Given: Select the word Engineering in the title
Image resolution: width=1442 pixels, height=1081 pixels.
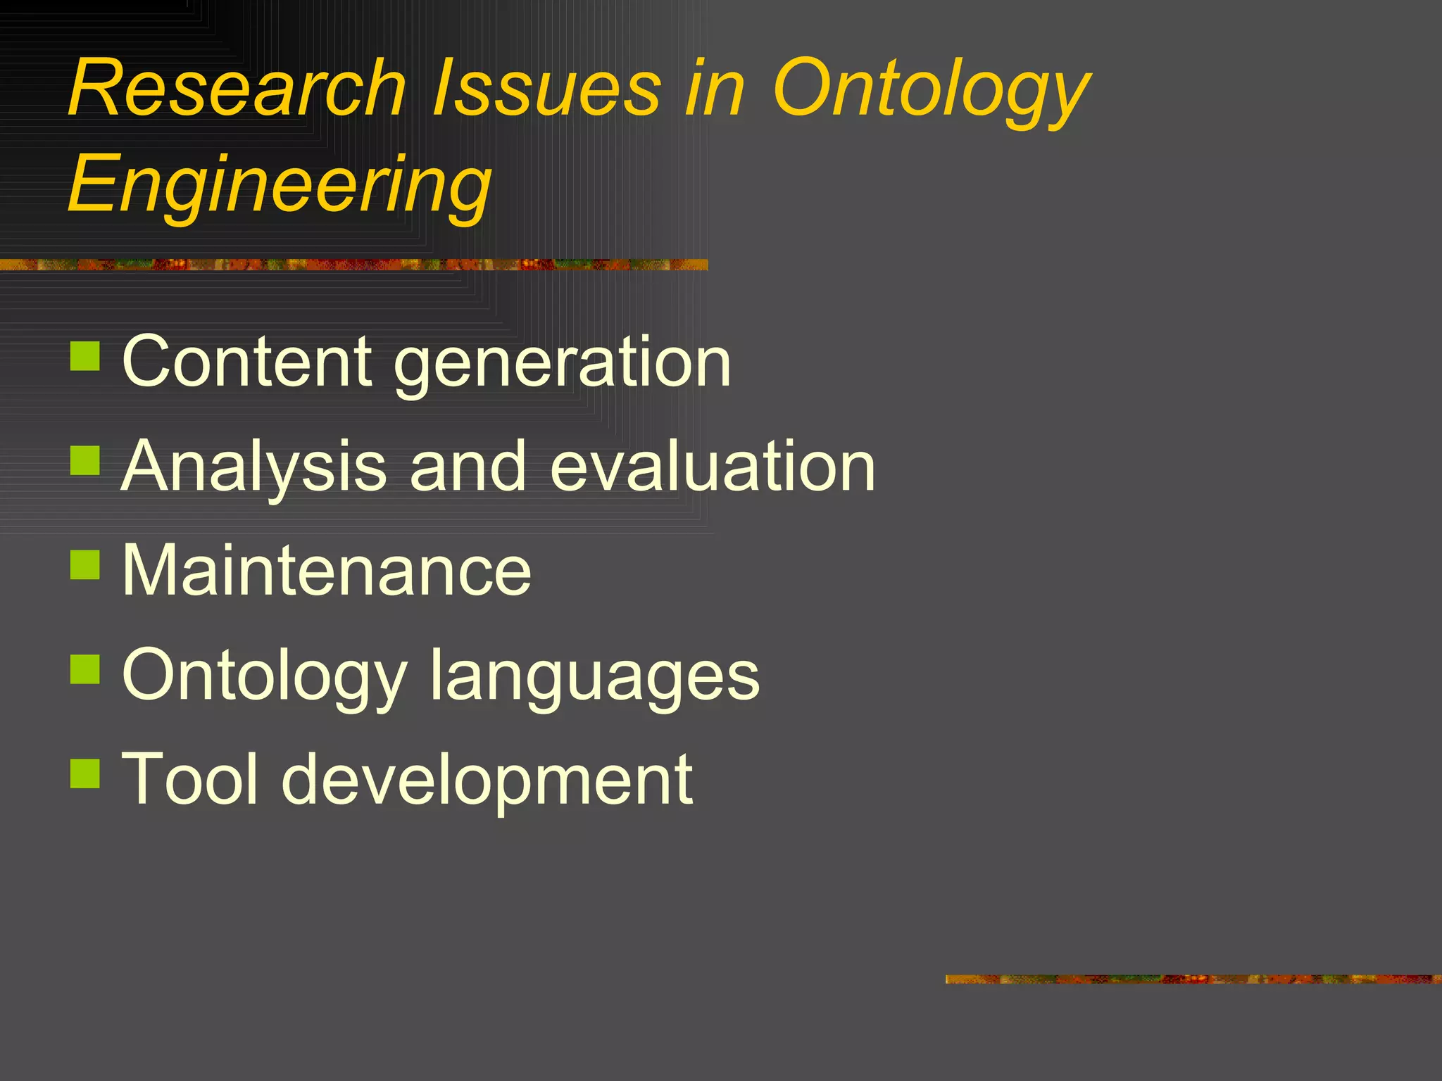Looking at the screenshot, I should (280, 184).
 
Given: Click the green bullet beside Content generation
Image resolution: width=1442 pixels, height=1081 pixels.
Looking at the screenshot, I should (86, 356).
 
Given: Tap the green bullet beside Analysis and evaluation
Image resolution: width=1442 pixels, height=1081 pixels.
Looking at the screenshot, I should (86, 461).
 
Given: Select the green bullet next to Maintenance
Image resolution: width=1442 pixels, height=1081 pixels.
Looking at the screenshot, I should (86, 565).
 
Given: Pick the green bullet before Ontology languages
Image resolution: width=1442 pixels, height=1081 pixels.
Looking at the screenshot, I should (86, 669).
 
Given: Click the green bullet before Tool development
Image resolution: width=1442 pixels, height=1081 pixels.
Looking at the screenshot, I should (86, 773).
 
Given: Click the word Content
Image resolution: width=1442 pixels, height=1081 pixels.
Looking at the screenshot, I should (246, 362).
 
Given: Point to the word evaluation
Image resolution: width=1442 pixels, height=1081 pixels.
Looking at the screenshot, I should (712, 467).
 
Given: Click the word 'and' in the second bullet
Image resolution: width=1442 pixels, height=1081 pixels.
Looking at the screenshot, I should (468, 467).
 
